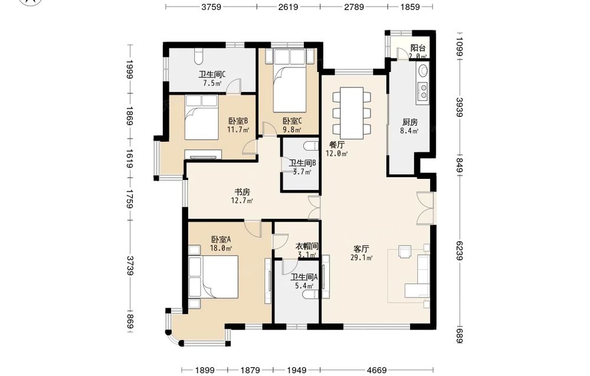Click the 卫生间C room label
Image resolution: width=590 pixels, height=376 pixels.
(212, 74)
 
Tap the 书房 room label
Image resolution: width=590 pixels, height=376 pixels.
(242, 192)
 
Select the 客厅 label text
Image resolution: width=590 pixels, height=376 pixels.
(361, 249)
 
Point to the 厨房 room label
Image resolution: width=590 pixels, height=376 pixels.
(410, 122)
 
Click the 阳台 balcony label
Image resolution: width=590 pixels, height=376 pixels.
(418, 48)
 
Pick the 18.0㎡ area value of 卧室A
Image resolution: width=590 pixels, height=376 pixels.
(221, 248)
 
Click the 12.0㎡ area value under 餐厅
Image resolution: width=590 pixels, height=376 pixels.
(336, 153)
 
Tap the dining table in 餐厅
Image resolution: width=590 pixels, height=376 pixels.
(352, 113)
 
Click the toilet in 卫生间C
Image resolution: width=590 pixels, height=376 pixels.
(199, 56)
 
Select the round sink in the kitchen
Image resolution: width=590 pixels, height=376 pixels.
(424, 70)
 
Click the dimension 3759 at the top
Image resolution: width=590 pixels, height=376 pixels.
(211, 6)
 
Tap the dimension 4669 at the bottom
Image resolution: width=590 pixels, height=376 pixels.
(376, 370)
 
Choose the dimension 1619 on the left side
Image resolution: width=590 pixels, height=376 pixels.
(130, 159)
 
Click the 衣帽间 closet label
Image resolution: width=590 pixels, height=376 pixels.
(306, 246)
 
